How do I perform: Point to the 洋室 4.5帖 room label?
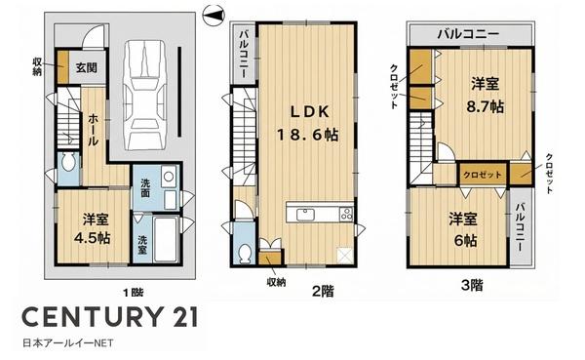[93, 225]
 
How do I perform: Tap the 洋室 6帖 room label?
[461, 227]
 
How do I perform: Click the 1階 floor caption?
[133, 292]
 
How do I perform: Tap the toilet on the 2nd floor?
[244, 251]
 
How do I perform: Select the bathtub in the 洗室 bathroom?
[165, 239]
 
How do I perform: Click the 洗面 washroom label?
[144, 190]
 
